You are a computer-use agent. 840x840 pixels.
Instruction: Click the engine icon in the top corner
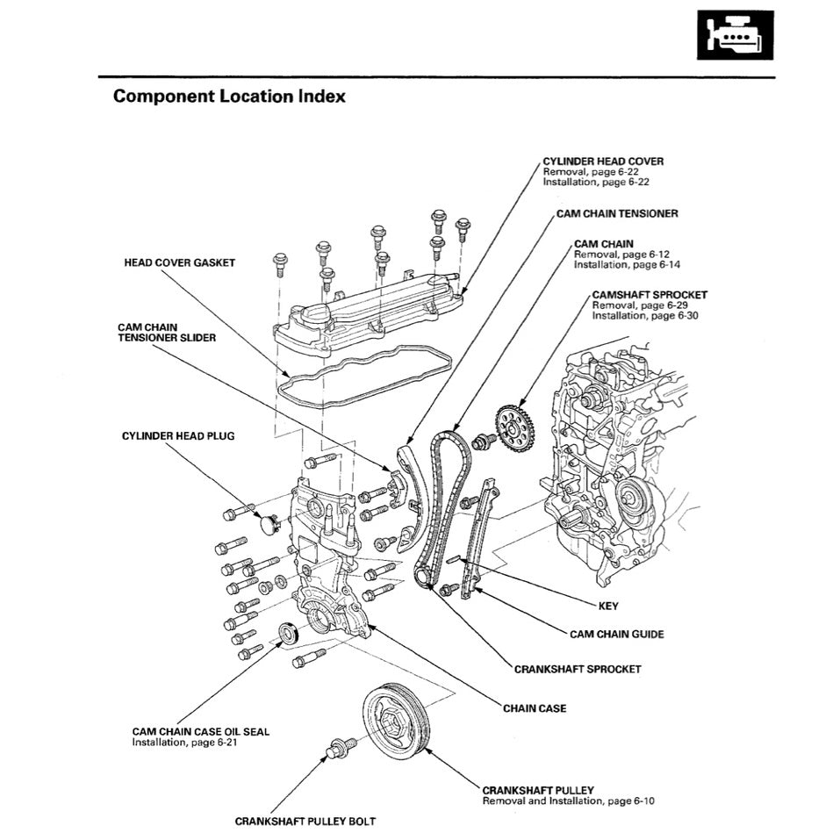point(736,35)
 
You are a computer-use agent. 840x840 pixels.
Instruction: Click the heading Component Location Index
point(229,97)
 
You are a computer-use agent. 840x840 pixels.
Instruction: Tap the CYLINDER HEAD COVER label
point(602,162)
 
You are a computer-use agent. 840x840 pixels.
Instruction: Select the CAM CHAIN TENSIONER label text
point(616,213)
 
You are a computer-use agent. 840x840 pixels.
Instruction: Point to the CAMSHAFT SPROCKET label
point(649,295)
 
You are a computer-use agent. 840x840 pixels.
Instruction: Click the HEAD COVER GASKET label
point(179,263)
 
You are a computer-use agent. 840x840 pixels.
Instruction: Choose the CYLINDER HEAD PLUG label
point(178,436)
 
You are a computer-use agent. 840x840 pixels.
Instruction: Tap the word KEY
point(607,606)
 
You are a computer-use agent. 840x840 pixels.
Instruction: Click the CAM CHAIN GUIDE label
point(616,634)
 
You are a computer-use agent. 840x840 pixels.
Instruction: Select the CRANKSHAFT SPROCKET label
point(578,669)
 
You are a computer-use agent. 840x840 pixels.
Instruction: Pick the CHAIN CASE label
point(535,707)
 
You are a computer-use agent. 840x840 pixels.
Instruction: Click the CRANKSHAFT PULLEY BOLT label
point(305,822)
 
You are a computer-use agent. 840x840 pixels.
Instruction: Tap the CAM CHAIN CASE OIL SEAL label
point(201,730)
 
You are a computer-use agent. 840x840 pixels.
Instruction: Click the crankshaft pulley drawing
point(397,719)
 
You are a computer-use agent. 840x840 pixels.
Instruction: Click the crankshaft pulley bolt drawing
point(341,748)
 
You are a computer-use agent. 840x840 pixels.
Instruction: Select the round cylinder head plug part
point(269,525)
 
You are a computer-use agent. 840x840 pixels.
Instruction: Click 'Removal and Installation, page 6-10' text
point(568,801)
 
